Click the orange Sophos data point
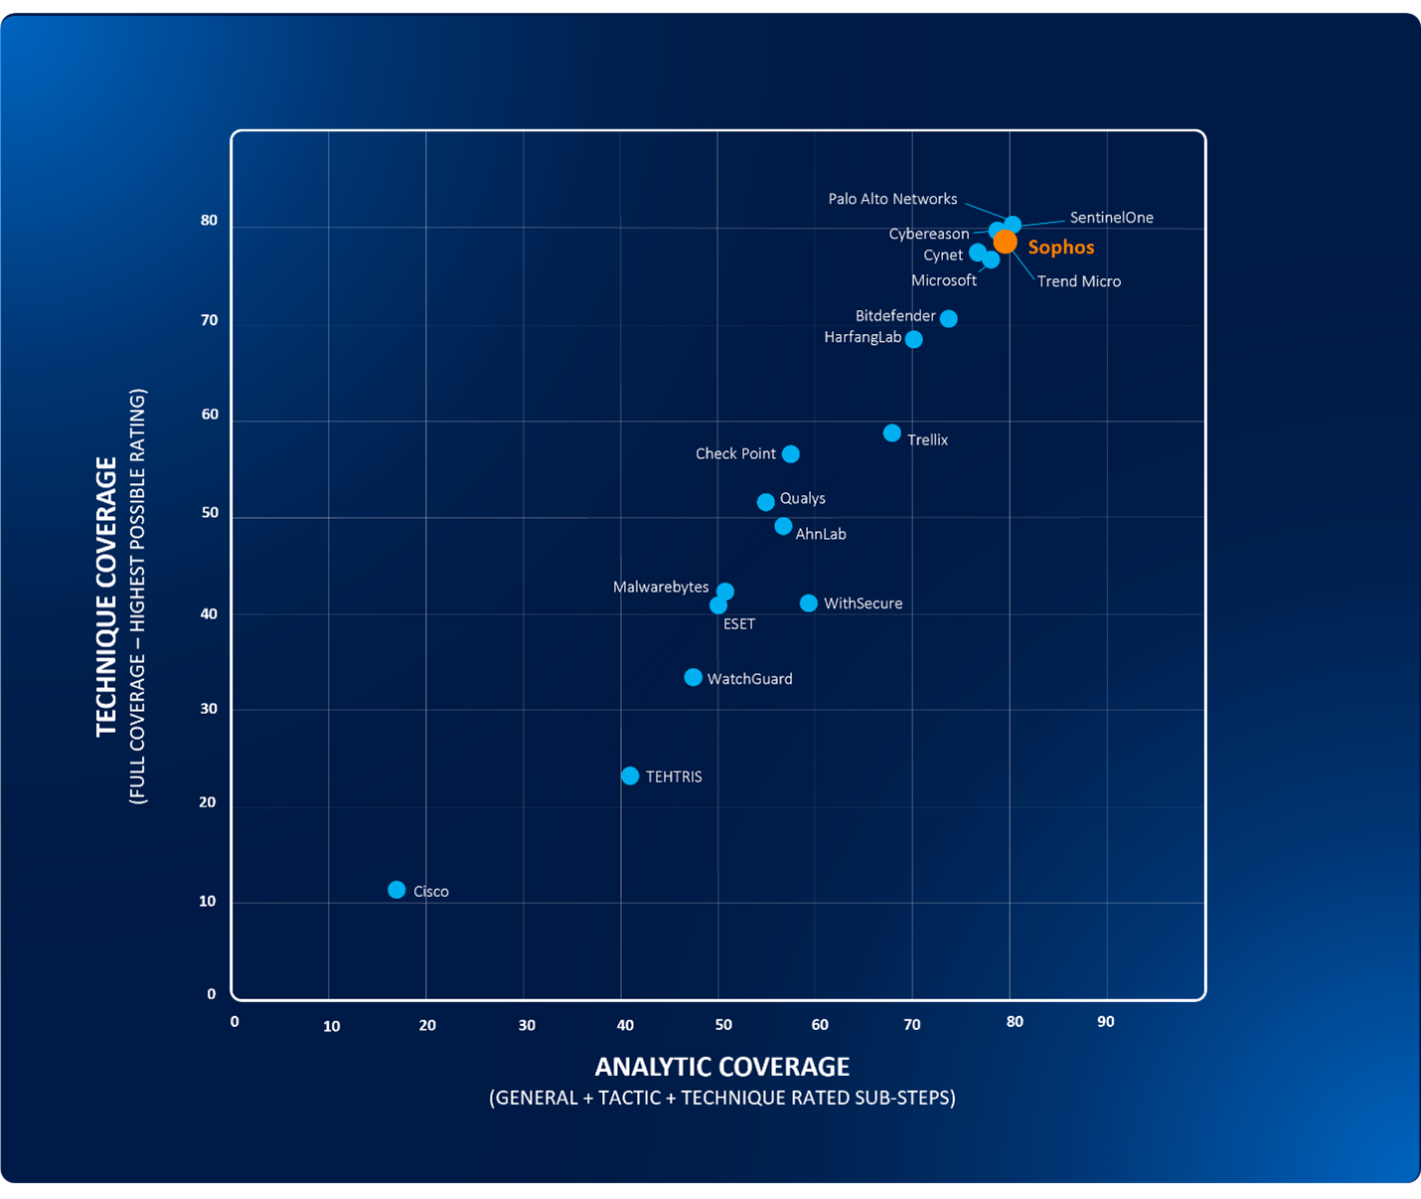coord(1005,242)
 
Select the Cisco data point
coord(396,890)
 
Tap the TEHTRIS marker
coord(630,775)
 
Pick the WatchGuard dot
coord(694,678)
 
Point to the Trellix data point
coord(892,433)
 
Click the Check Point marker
coord(791,454)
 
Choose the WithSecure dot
coord(809,603)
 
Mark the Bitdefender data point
coord(949,319)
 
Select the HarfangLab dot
coord(914,340)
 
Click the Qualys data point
coord(766,502)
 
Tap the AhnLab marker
coord(784,526)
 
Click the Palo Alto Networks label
coord(892,199)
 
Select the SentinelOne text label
coord(1111,218)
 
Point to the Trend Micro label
coord(1078,281)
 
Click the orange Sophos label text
coord(1060,248)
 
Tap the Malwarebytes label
coord(661,588)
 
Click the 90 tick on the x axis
coord(1105,1022)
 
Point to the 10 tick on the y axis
coord(208,902)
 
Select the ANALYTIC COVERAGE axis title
coord(721,1067)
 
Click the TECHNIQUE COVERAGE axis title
coord(106,597)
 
